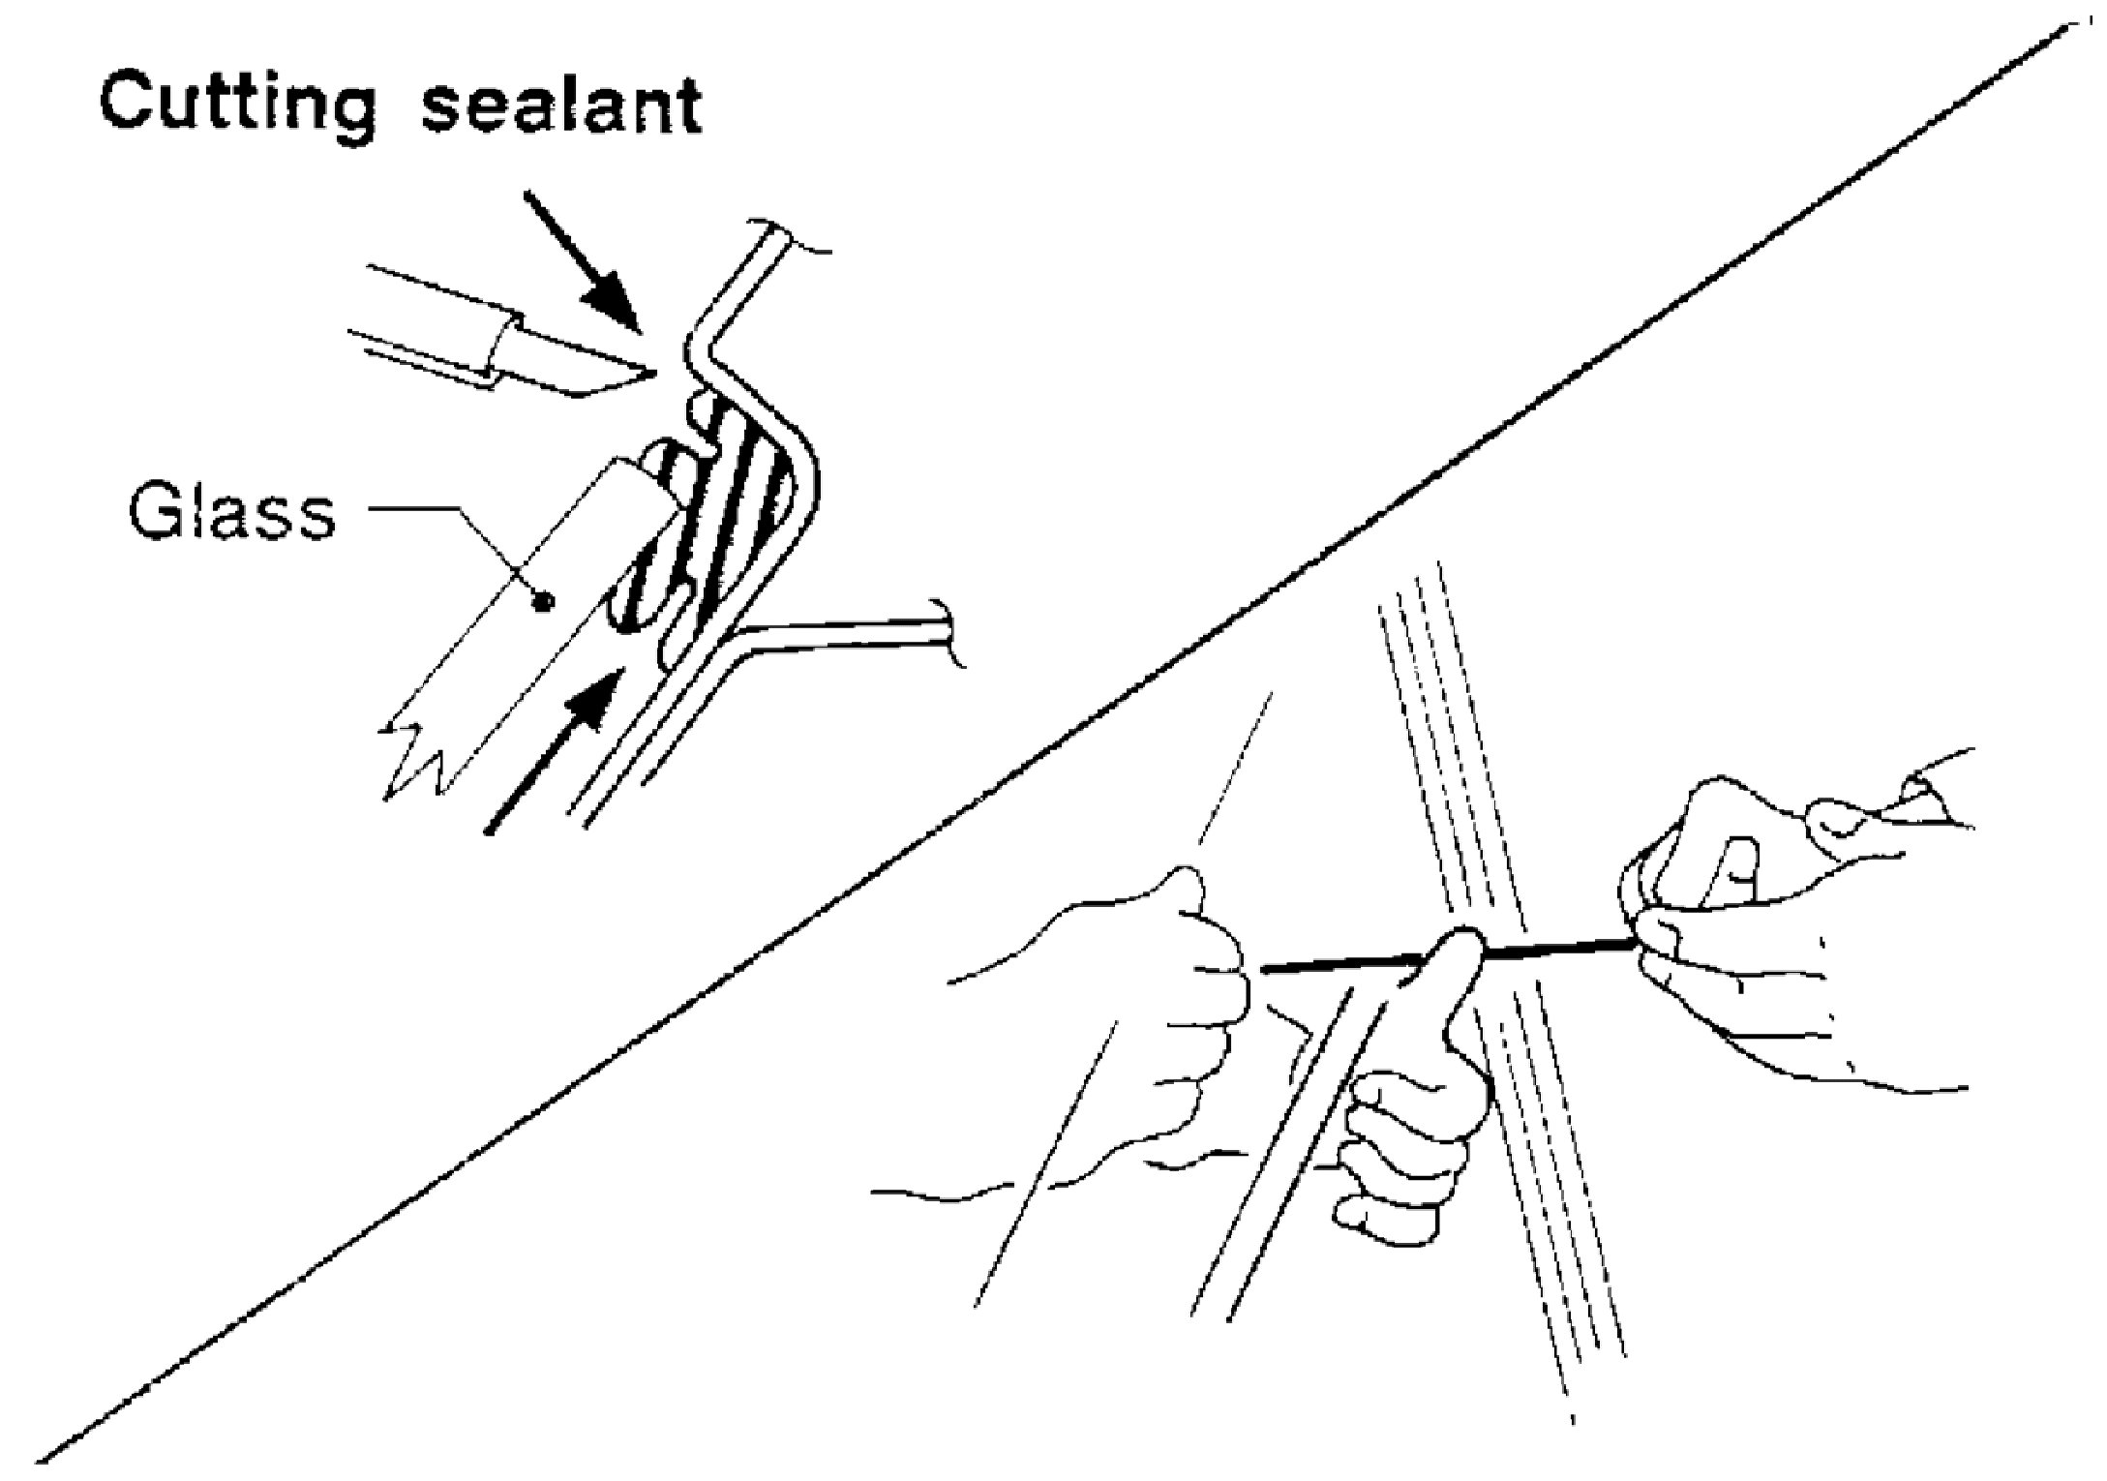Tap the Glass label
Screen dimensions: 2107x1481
point(232,514)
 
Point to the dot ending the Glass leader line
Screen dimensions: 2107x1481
point(544,601)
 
